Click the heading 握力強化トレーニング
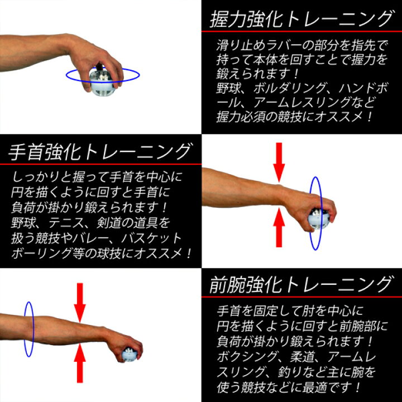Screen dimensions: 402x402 pos(301,20)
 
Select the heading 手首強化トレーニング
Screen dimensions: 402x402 pos(100,151)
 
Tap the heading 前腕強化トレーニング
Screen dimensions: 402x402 pos(301,285)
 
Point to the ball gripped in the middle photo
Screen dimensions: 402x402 pos(319,219)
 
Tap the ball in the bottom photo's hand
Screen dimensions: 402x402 pos(130,353)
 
